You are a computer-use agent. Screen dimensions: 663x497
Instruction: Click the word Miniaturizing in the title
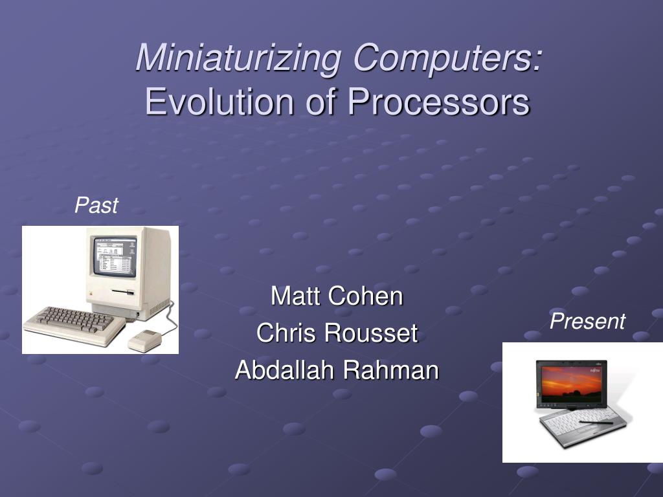238,58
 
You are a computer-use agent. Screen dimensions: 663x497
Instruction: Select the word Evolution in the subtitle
219,102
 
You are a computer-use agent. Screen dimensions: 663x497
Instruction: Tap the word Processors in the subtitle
438,102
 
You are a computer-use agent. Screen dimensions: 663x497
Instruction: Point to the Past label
96,205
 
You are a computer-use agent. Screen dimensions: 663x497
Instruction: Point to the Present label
587,321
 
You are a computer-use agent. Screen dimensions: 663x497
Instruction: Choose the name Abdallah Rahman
337,370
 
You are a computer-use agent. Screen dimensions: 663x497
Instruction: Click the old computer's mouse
145,340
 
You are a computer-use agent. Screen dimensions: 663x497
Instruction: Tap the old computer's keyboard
74,325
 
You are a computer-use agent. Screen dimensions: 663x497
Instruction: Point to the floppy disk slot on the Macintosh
123,292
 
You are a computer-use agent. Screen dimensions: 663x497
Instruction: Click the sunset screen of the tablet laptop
571,384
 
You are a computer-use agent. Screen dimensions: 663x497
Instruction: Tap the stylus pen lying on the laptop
596,422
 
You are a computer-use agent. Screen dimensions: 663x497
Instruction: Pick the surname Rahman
391,370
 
